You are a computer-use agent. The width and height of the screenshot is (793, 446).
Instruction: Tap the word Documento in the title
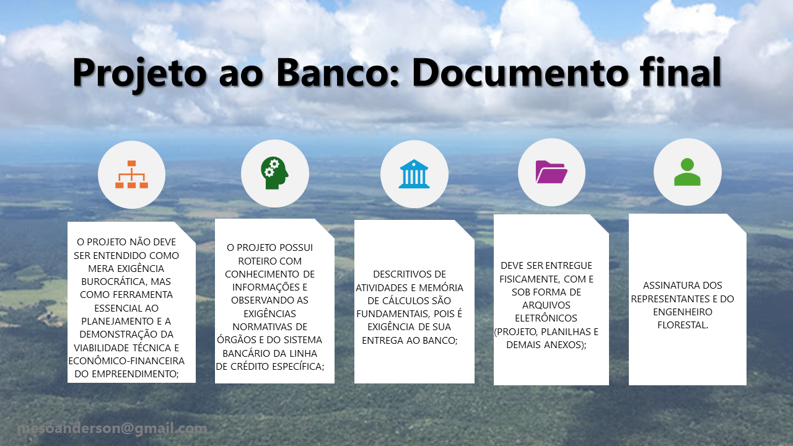520,72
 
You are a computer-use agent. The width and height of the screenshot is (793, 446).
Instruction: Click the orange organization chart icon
132,175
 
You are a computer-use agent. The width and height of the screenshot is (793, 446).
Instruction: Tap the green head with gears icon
274,173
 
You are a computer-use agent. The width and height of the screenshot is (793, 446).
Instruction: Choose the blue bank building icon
414,174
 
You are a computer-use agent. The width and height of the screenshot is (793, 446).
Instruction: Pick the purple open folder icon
551,172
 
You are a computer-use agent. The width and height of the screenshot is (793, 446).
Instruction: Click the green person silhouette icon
687,172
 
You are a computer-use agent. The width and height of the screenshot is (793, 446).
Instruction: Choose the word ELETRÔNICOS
546,318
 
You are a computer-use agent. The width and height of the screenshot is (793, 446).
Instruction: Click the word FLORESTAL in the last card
683,325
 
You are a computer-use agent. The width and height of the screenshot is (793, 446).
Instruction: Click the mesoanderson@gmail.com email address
112,429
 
